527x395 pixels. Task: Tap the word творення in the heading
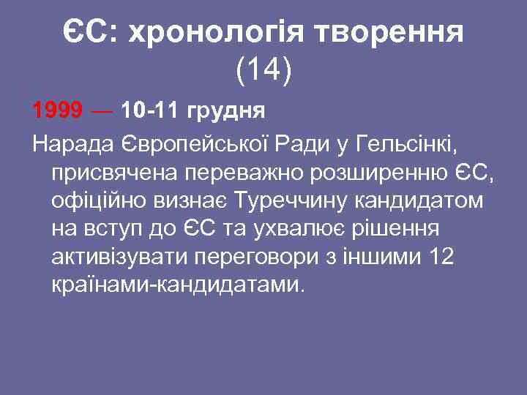pos(391,31)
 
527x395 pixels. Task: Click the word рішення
pos(400,228)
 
